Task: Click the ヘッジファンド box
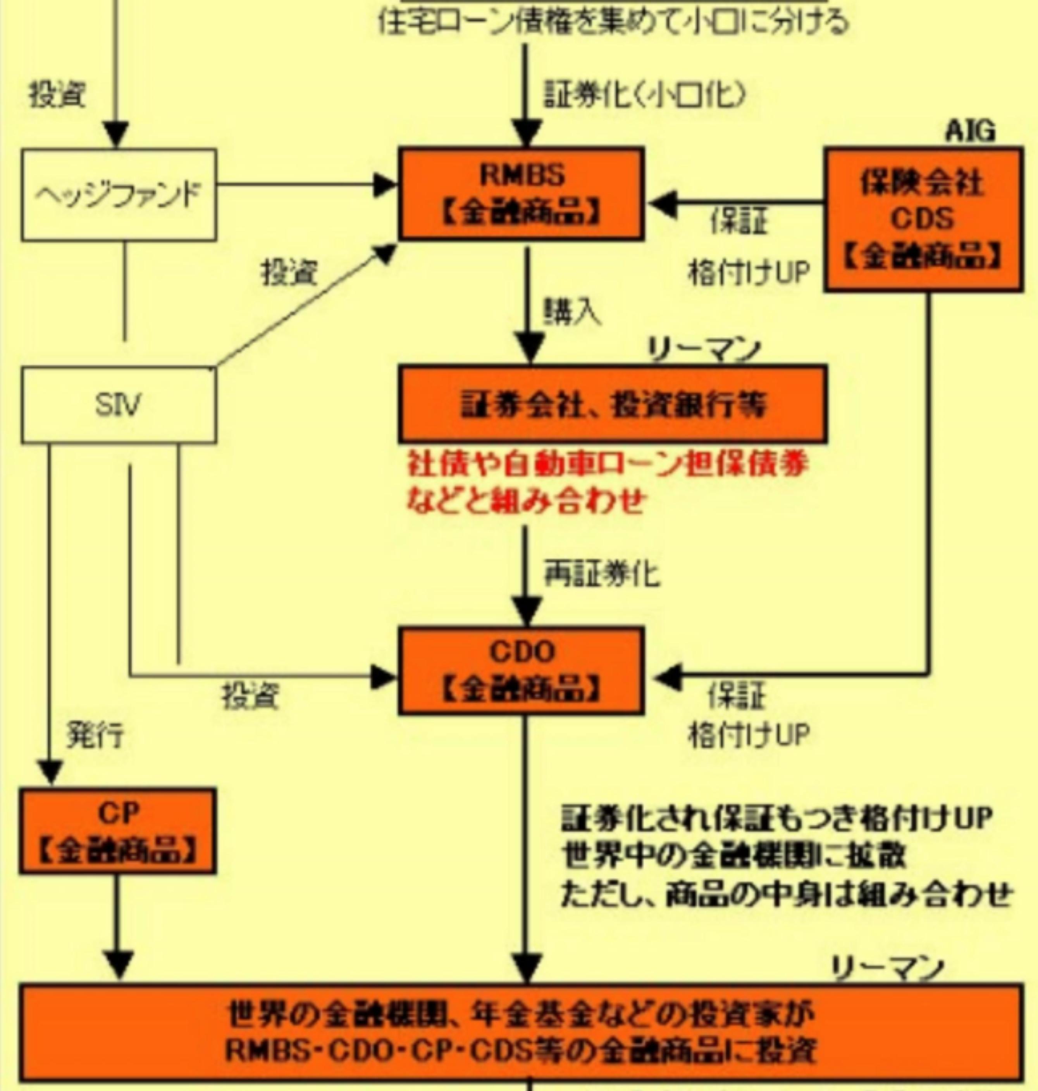click(119, 195)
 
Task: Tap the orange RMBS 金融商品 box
click(521, 194)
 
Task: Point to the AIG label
click(969, 132)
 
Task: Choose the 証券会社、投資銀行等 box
click(613, 404)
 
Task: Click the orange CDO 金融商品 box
click(521, 671)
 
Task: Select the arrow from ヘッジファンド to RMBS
click(304, 185)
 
